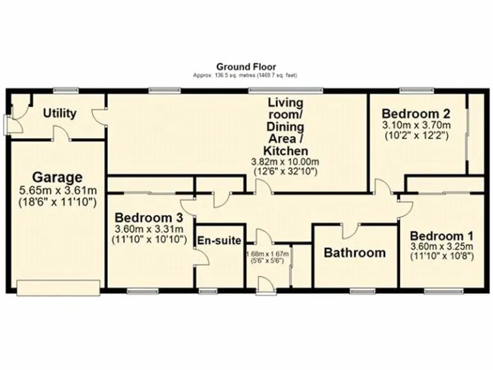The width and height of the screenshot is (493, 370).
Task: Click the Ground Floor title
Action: click(246, 66)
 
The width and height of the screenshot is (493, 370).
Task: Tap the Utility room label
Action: click(60, 114)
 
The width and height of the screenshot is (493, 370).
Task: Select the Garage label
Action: click(58, 177)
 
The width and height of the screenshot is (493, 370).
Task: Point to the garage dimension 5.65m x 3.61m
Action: click(58, 190)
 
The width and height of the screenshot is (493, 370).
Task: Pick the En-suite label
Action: click(220, 242)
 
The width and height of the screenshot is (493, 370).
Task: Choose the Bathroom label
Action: click(354, 252)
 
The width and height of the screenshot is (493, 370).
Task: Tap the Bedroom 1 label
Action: click(441, 234)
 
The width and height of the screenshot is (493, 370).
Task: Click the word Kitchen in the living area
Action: click(285, 151)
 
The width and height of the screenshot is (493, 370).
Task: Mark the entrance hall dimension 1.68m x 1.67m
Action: click(268, 254)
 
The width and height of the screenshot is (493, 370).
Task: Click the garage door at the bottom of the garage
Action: click(59, 288)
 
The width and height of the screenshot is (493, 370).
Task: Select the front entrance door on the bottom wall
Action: click(264, 285)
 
